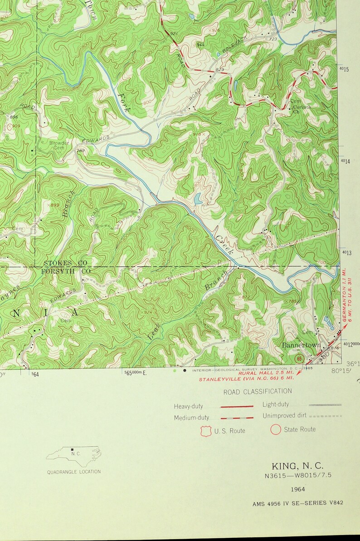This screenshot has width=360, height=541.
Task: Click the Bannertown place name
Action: point(301,345)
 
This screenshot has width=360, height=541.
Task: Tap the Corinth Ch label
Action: point(302,109)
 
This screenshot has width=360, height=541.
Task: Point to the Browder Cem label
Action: point(59,145)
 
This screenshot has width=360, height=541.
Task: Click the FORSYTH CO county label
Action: point(66,271)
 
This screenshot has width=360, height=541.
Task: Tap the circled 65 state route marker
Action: point(299,358)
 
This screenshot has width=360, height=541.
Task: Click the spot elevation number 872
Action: point(246,297)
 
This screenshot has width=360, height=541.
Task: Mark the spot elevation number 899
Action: point(55,205)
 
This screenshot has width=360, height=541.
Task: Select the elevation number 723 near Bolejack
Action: point(272,39)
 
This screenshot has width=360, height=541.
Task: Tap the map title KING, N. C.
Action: point(298,466)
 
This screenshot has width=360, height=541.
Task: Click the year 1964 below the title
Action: point(298,489)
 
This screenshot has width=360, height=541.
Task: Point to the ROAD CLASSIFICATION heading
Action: point(258,391)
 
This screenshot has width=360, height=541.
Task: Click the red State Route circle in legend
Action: point(275,429)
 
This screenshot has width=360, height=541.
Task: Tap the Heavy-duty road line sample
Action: point(237,406)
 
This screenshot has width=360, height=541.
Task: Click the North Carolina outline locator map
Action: point(74,454)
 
